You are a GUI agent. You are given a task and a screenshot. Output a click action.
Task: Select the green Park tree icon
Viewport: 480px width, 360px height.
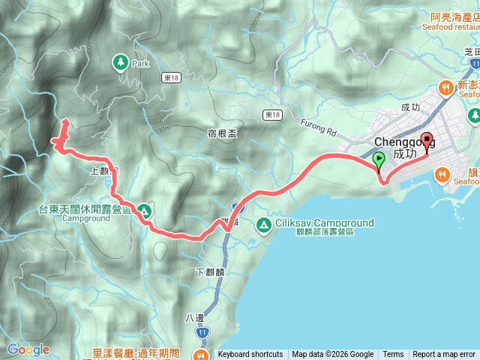click(121, 63)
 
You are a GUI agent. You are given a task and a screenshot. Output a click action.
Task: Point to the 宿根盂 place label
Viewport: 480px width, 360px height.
click(222, 133)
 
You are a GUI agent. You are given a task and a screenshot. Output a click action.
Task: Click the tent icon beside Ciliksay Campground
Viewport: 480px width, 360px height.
click(263, 223)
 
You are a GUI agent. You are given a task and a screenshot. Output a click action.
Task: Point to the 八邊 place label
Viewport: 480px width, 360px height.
click(194, 317)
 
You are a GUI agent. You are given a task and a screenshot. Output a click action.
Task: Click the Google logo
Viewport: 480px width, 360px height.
click(28, 349)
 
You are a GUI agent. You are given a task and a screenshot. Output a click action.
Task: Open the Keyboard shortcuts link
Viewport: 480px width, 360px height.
click(250, 355)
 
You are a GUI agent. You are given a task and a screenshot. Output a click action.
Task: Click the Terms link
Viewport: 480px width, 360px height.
click(393, 355)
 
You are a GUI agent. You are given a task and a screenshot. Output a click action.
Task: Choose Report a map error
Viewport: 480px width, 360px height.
click(445, 355)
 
